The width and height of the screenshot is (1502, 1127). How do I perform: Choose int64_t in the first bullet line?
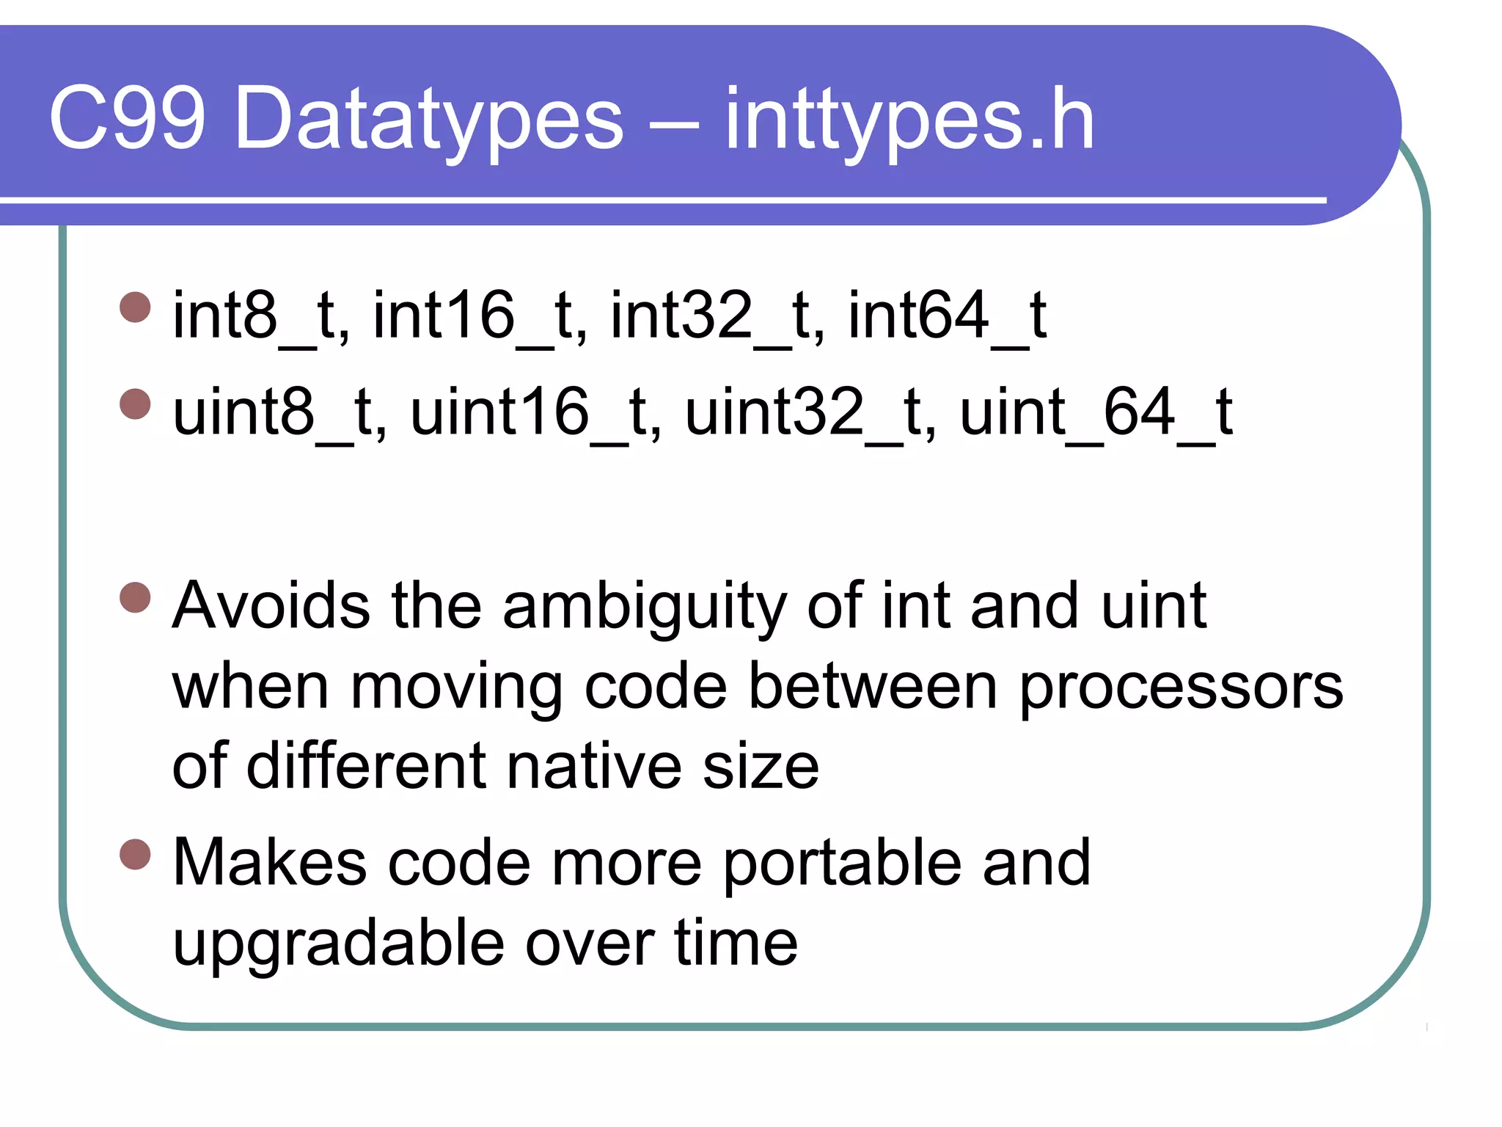click(x=947, y=316)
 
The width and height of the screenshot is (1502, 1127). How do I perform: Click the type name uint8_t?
click(x=279, y=413)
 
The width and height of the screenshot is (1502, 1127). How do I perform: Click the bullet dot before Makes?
click(x=135, y=853)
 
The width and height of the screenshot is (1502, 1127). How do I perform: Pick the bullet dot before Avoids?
click(x=135, y=597)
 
